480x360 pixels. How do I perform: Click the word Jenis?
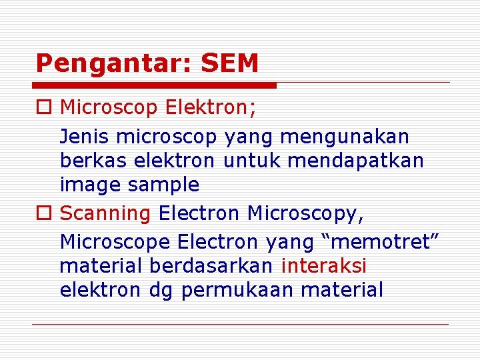coord(85,137)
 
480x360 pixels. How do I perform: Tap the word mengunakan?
coord(345,137)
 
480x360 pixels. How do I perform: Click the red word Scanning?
coord(105,214)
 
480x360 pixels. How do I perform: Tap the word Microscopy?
coord(305,214)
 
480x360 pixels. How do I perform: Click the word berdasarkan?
coord(211,265)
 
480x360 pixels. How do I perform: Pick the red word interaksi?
coord(324,265)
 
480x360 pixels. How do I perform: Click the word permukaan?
coord(238,291)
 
